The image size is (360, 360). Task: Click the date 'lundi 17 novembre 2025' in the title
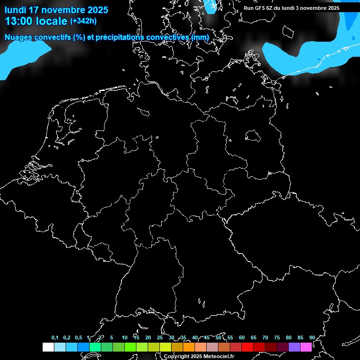56,10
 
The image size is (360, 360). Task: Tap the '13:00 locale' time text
36,21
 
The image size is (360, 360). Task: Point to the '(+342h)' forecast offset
83,21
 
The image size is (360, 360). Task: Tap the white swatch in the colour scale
48,347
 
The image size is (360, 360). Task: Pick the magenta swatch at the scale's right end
306,347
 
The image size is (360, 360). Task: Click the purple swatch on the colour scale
294,347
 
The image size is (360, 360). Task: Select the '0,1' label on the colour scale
55,338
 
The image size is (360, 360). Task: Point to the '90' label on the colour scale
312,338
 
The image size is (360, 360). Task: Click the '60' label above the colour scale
242,338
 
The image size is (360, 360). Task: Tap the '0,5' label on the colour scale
78,338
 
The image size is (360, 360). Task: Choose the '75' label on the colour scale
277,338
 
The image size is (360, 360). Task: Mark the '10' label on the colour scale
124,338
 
